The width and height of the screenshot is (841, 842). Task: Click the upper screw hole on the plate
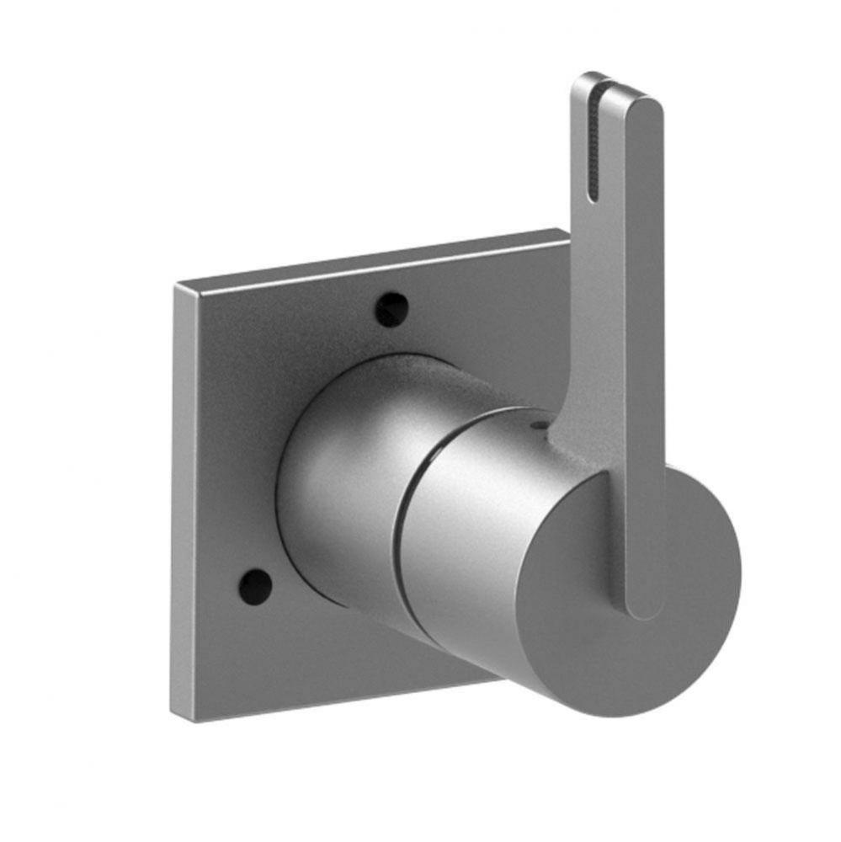click(391, 310)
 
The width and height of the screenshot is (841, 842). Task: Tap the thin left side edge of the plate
click(184, 505)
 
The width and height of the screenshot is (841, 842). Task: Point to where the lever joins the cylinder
click(581, 446)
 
